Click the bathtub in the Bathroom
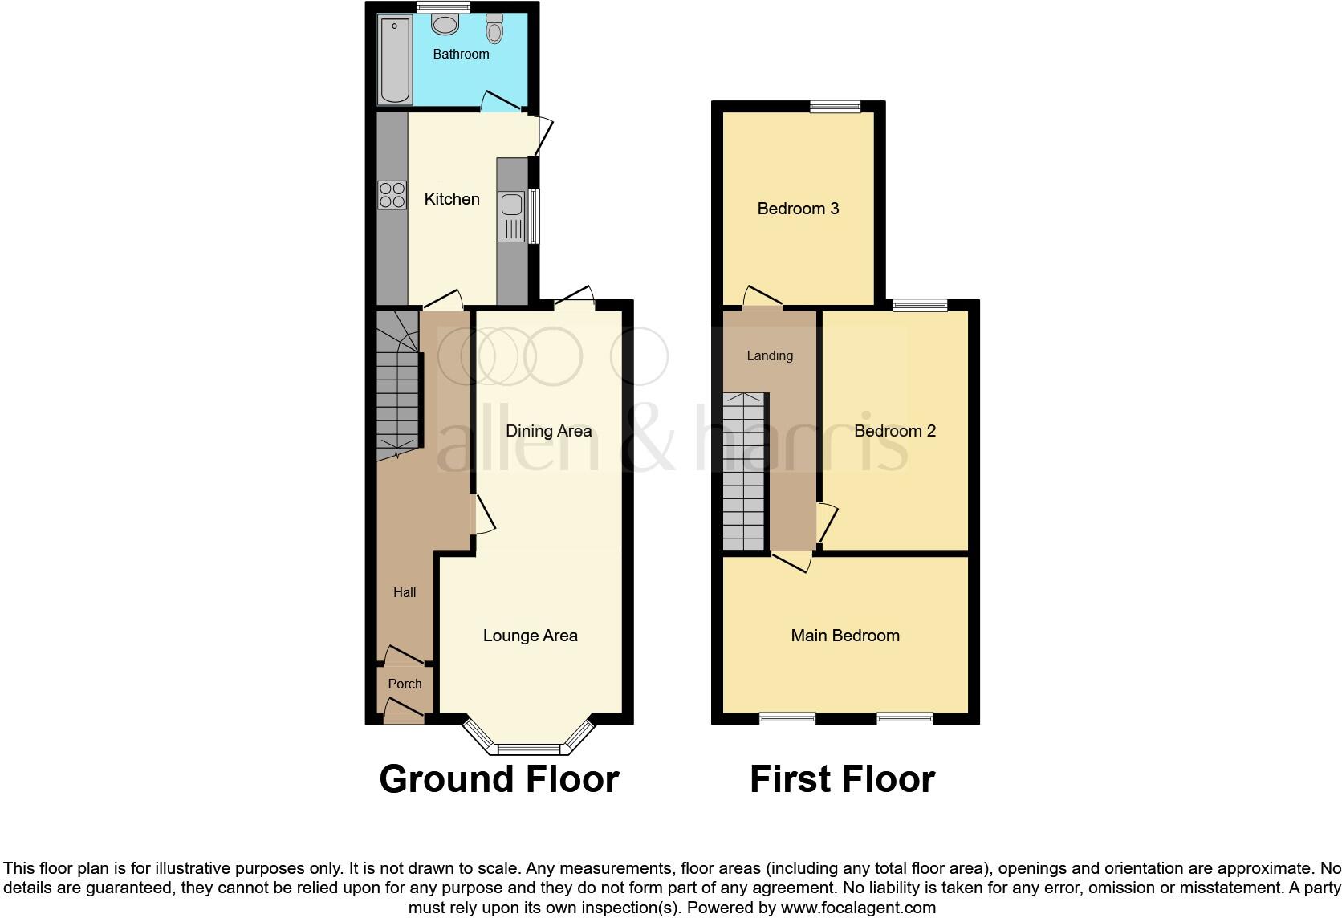tap(395, 61)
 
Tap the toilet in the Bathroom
tap(494, 29)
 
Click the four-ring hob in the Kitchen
tap(392, 196)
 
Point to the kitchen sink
tap(510, 217)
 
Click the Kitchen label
tap(452, 199)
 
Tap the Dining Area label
tap(549, 431)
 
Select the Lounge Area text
tap(531, 636)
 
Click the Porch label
tap(405, 684)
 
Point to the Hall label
tap(405, 593)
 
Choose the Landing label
tap(770, 356)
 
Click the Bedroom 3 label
tap(798, 209)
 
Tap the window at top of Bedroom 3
tap(835, 107)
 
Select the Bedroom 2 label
tap(895, 431)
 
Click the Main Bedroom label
tap(845, 636)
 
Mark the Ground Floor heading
tap(498, 779)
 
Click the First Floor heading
tap(842, 779)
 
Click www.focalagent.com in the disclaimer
tap(858, 908)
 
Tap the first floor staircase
tap(744, 473)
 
